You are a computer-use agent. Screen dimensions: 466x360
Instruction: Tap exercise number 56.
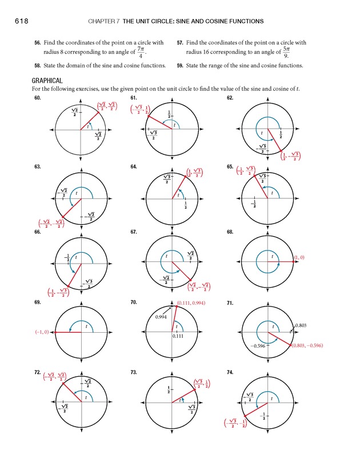[38, 43]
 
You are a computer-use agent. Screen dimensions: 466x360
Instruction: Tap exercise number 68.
[230, 233]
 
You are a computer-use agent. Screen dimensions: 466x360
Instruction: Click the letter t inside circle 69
[86, 326]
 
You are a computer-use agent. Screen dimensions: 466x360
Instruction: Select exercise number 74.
[230, 372]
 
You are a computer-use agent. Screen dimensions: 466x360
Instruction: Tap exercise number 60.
[38, 98]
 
